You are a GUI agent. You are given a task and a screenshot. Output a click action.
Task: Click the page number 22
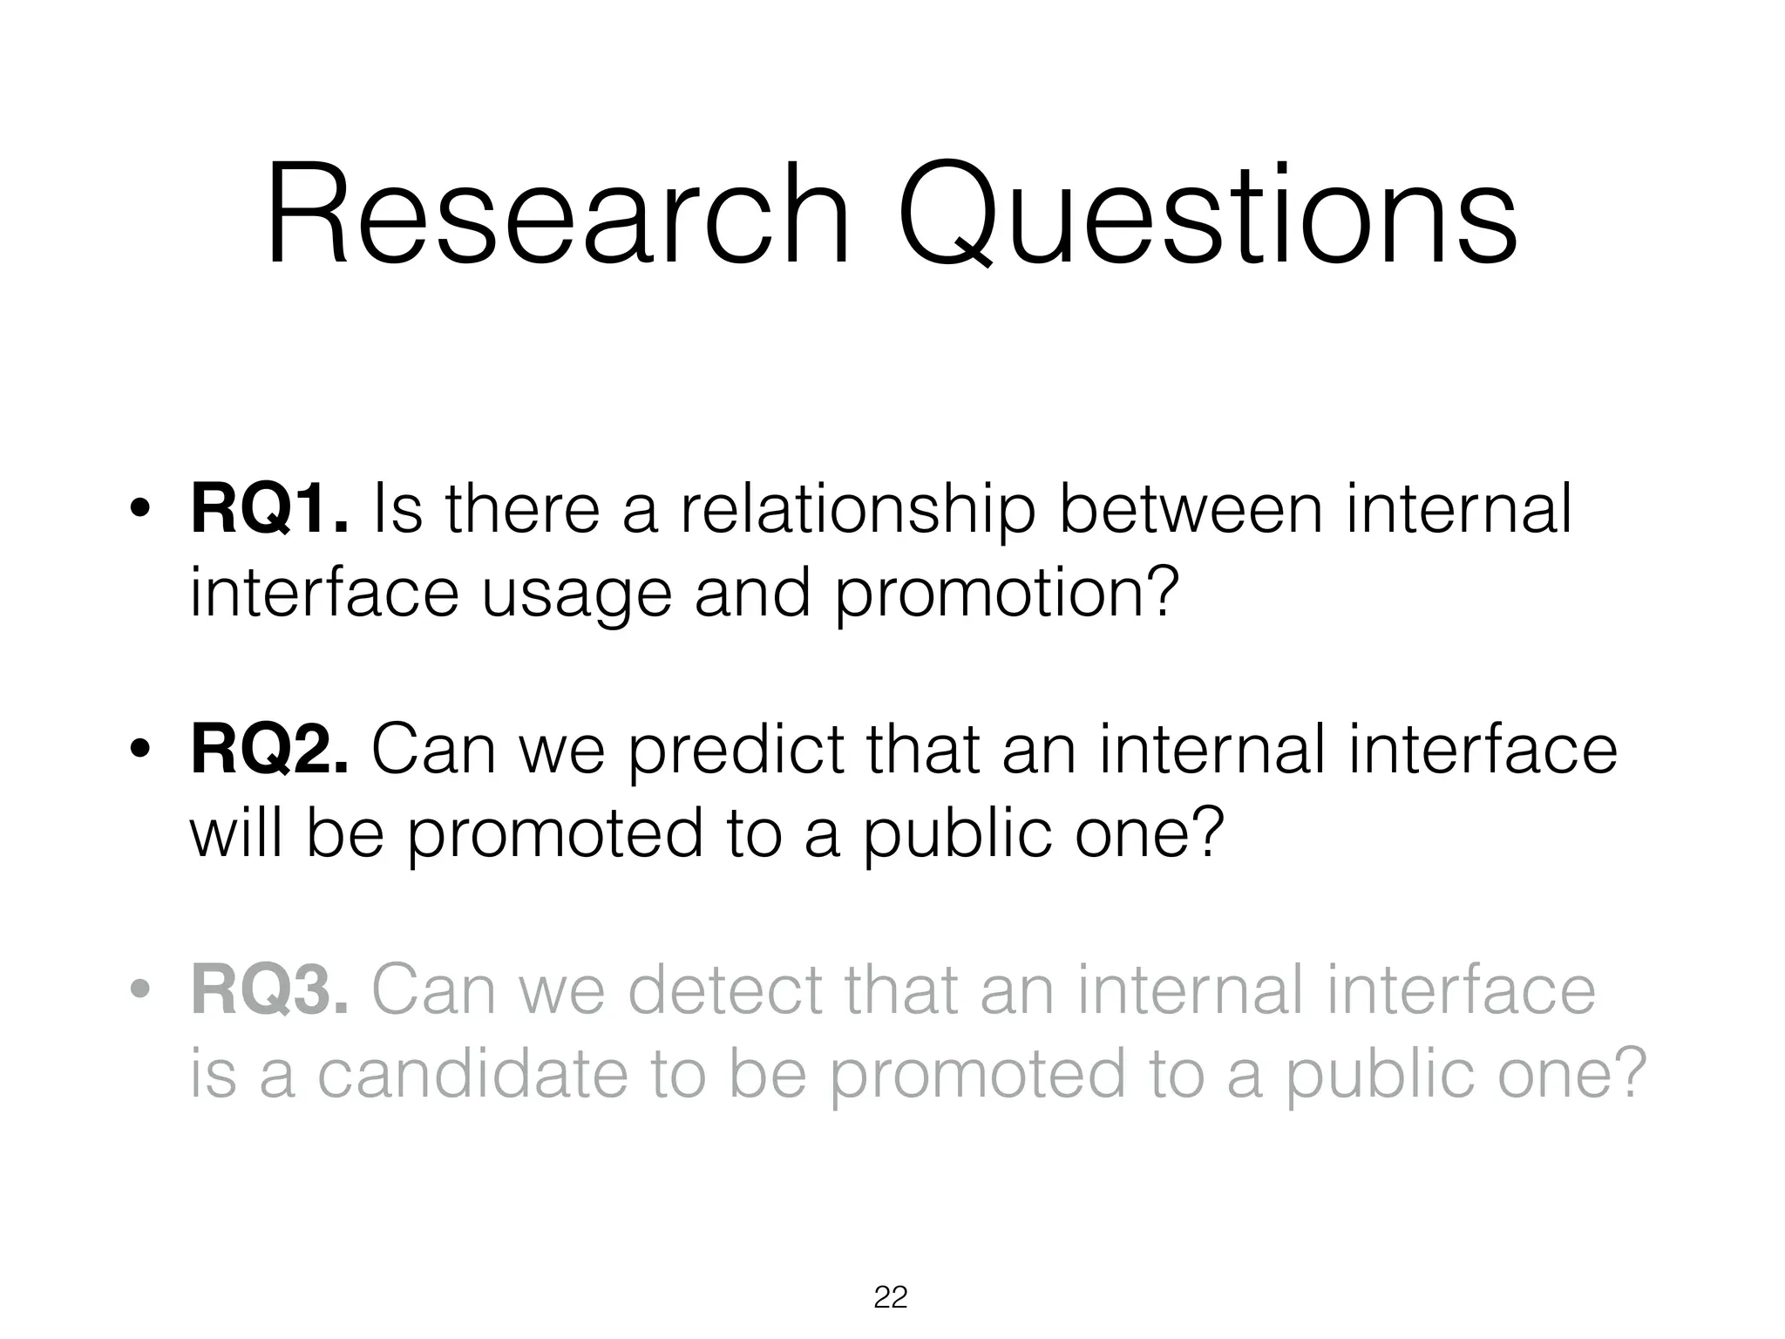tap(891, 1297)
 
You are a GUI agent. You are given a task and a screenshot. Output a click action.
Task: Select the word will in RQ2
tap(235, 833)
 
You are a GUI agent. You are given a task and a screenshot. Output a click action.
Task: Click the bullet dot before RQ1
tap(139, 512)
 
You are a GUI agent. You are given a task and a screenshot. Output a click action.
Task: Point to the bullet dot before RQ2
tap(139, 751)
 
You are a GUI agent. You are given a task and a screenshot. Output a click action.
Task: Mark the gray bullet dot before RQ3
tap(139, 992)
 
